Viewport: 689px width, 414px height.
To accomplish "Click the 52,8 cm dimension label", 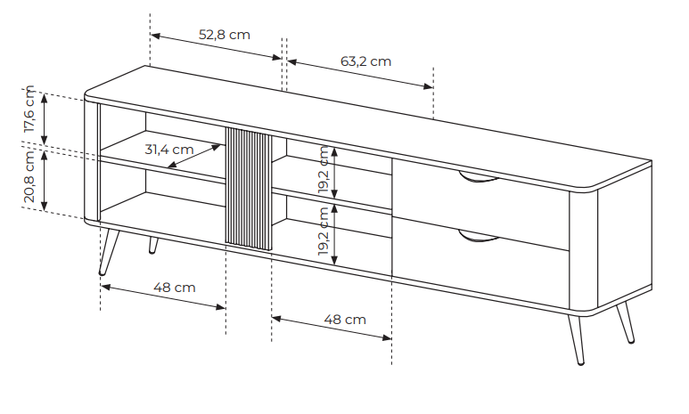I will [224, 35].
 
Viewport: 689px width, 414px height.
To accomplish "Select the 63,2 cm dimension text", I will [365, 61].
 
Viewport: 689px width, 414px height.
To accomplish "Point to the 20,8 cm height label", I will [29, 178].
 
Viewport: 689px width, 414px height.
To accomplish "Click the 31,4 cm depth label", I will [169, 149].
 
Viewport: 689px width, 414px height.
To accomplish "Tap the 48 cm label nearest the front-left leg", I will [175, 288].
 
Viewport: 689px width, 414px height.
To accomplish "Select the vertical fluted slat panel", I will [248, 189].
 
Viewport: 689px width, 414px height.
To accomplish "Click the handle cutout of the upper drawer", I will [479, 180].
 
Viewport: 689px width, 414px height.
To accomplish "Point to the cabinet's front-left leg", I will [109, 251].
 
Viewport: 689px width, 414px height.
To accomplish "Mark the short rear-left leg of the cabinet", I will [152, 244].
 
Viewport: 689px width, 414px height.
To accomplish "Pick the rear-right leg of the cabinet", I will [627, 322].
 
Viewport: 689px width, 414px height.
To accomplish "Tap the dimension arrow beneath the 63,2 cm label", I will [360, 75].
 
